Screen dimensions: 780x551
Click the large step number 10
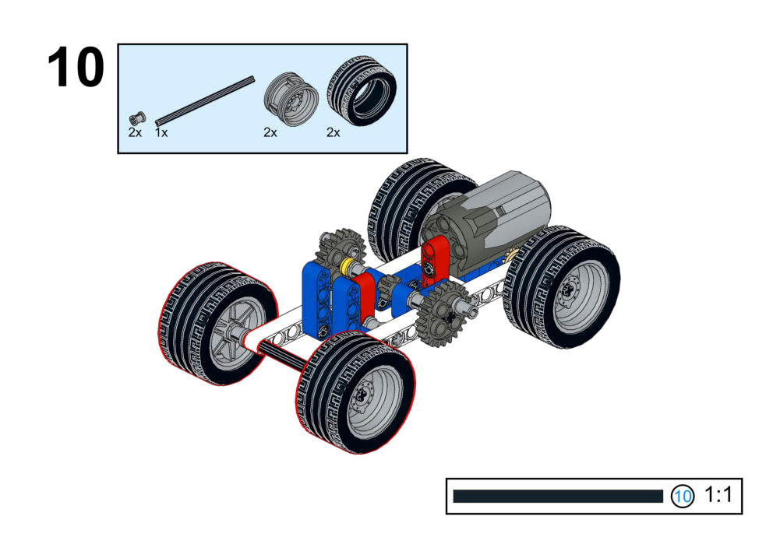point(76,67)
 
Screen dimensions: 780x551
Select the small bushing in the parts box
point(137,119)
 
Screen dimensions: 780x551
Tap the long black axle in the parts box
point(205,101)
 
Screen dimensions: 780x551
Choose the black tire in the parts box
point(362,90)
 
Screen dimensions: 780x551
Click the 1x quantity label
point(161,132)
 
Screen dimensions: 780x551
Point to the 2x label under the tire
point(334,132)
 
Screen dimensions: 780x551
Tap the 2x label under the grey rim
point(270,132)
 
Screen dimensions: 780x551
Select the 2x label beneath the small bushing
point(135,132)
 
